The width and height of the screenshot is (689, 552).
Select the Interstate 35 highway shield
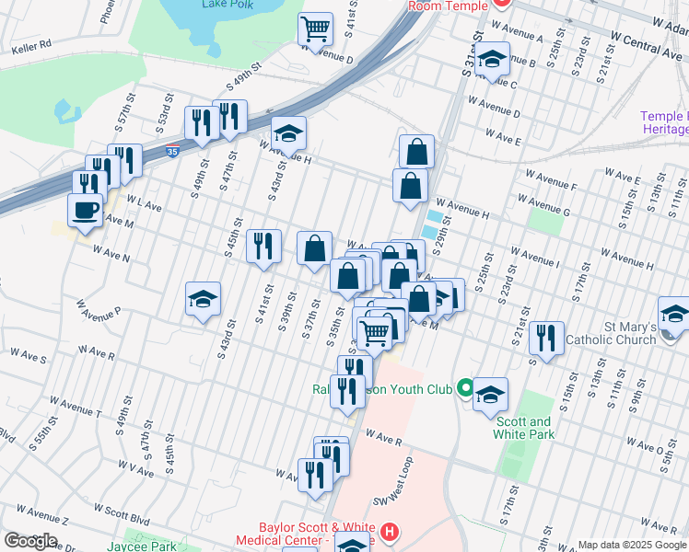(173, 155)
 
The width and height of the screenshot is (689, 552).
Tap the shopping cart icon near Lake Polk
(315, 29)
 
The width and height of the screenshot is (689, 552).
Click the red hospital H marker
(391, 531)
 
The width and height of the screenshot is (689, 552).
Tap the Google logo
(30, 541)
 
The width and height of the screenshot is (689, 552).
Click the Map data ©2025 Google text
(632, 545)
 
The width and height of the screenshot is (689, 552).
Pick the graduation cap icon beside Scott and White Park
(490, 393)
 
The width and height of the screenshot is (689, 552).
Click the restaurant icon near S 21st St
(547, 338)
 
